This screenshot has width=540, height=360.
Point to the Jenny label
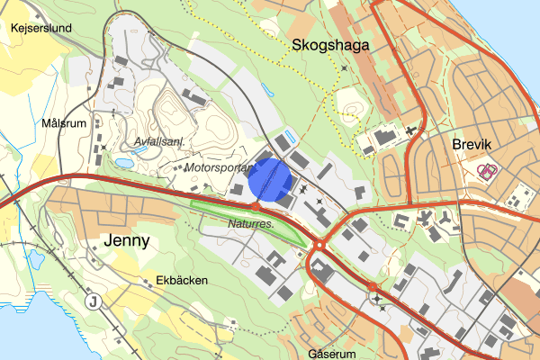tap(126, 240)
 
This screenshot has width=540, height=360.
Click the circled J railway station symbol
tap(93, 301)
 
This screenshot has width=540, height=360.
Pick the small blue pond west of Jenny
tap(36, 260)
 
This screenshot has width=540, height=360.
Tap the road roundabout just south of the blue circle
tap(256, 206)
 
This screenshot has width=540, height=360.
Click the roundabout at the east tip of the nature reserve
tap(319, 244)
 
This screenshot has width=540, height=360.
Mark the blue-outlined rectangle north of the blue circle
tap(286, 140)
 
